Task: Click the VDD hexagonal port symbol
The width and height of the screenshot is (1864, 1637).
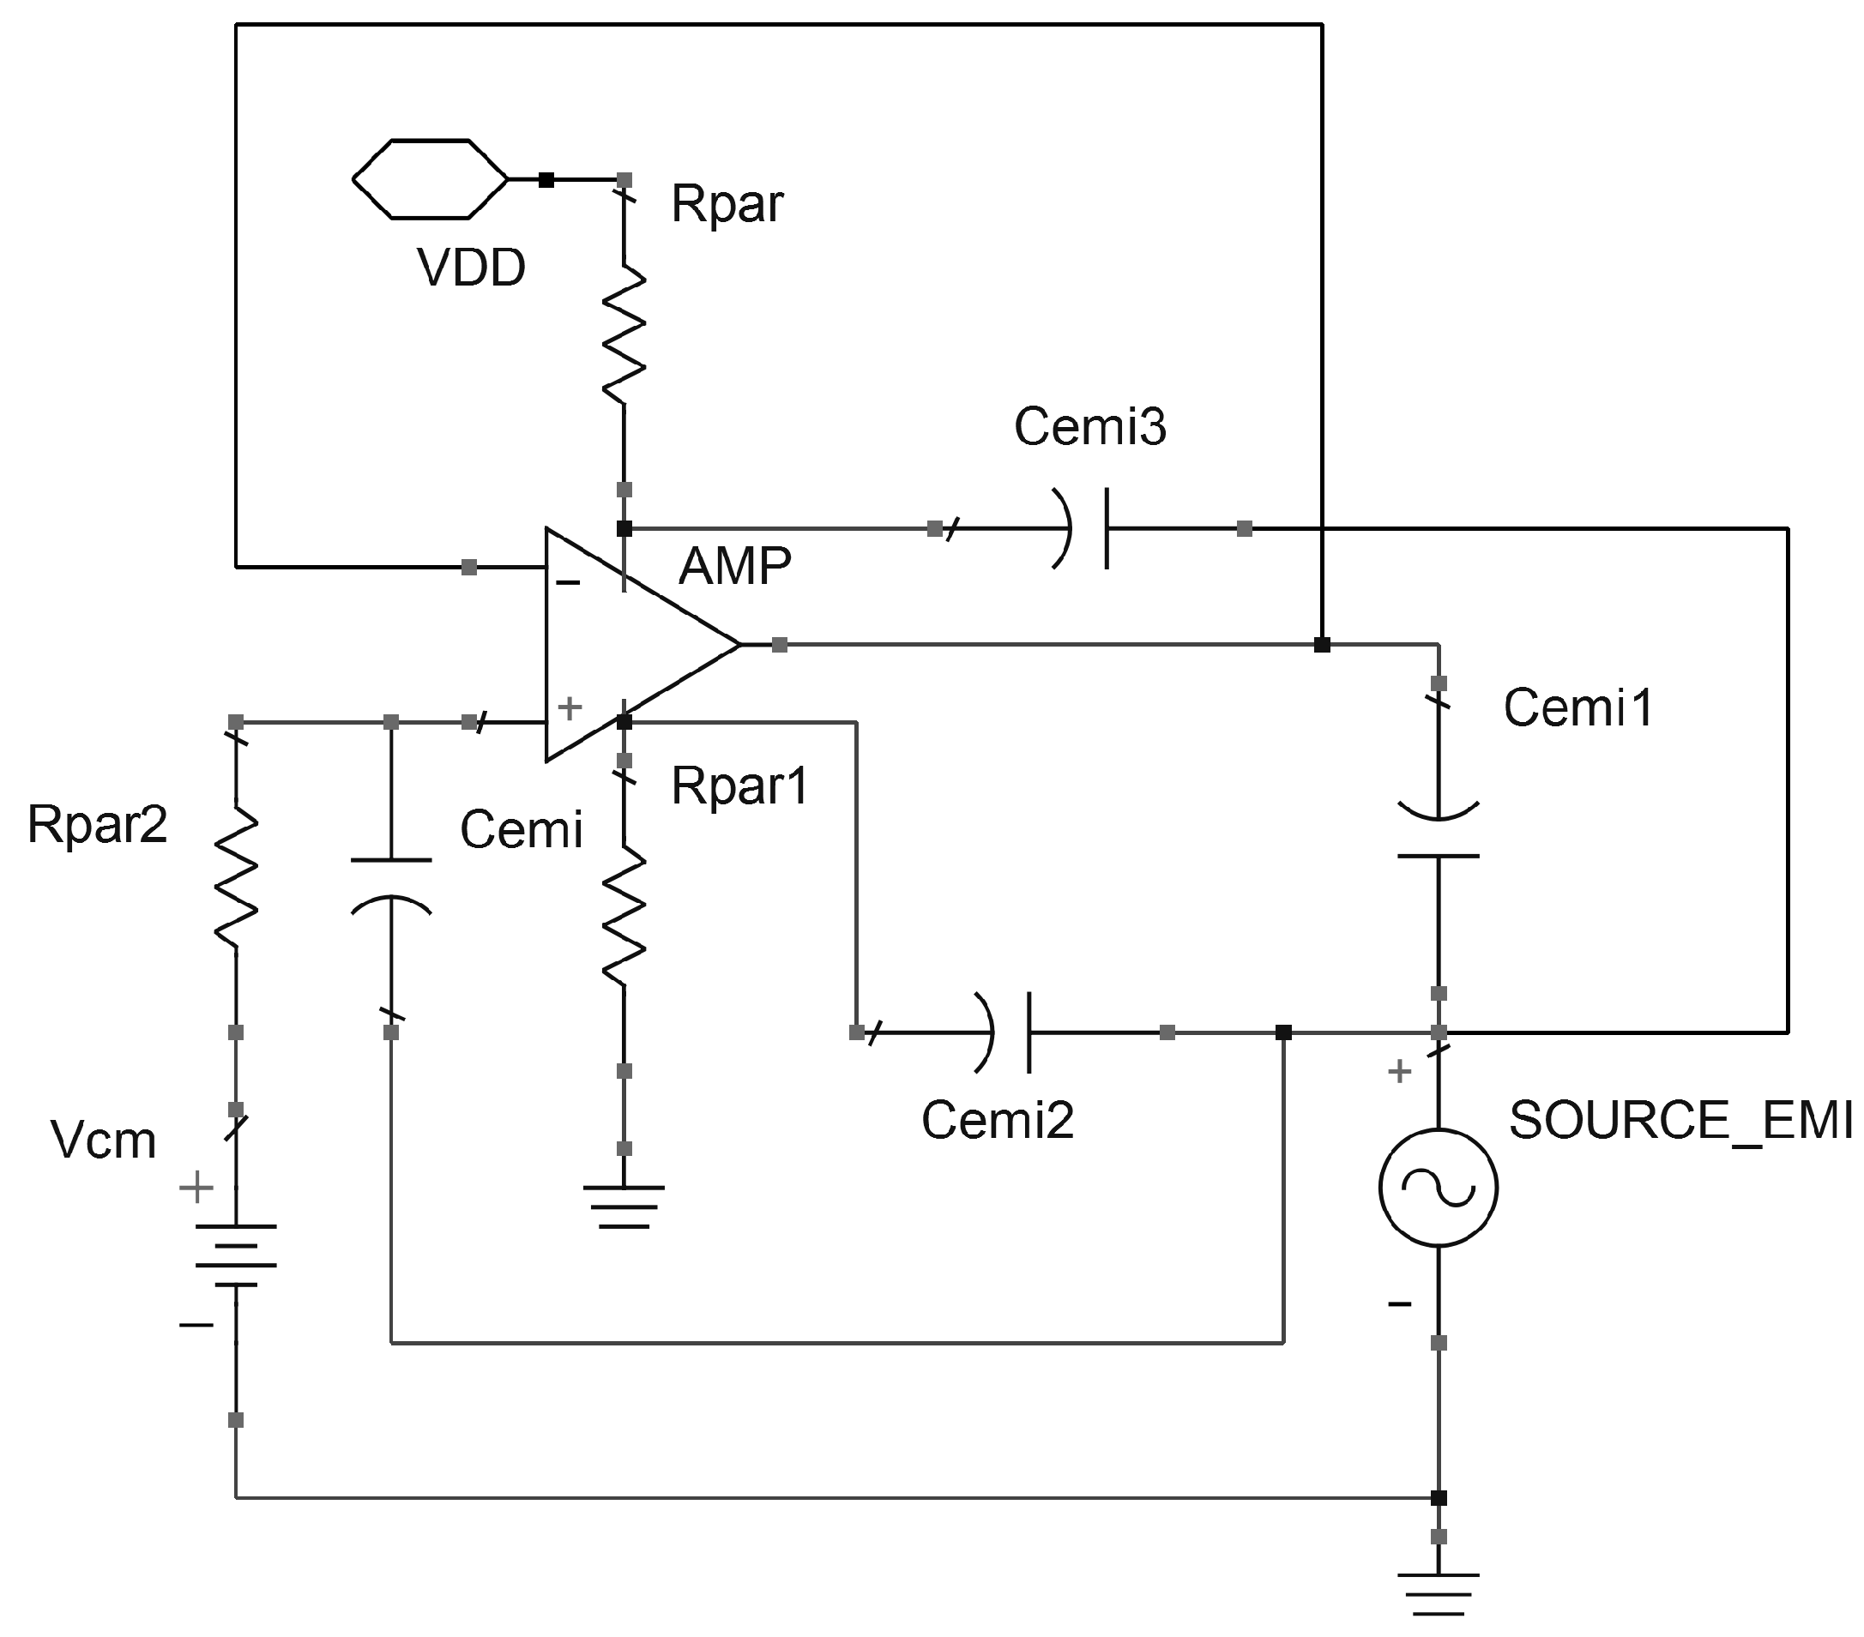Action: point(430,179)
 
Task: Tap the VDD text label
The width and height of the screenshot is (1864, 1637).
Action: point(471,268)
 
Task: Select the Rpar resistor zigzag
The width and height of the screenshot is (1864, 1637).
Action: point(624,334)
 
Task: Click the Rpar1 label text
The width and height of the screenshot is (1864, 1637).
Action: point(739,785)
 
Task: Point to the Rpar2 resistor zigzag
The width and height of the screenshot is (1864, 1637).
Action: point(236,876)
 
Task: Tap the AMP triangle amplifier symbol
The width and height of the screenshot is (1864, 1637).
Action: point(630,643)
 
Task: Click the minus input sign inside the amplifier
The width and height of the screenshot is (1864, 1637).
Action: point(568,582)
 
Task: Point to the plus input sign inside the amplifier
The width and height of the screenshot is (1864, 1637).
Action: point(570,707)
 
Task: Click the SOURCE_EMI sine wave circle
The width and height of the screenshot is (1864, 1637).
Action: point(1439,1188)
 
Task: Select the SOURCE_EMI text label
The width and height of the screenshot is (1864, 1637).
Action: point(1680,1120)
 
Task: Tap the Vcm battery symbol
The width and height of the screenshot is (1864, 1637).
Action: point(236,1255)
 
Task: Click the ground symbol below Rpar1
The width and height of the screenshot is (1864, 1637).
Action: point(624,1206)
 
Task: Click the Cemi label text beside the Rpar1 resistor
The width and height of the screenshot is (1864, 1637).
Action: point(521,829)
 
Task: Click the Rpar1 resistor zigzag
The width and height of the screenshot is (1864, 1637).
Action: point(624,915)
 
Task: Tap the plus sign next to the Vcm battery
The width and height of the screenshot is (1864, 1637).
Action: point(196,1188)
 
